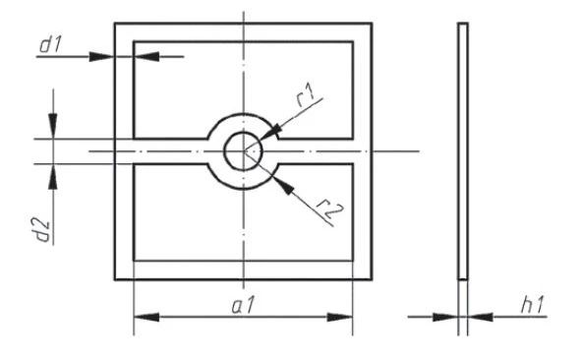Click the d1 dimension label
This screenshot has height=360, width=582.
(x=50, y=45)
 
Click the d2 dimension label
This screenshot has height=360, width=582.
(x=43, y=231)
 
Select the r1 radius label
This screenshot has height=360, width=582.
(x=306, y=95)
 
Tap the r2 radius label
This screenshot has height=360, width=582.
(x=330, y=209)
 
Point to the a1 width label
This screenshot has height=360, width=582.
(x=243, y=306)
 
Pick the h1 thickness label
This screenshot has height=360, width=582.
(x=532, y=305)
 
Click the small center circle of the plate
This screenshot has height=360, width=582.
(x=243, y=151)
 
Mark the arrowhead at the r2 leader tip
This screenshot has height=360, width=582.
(x=283, y=185)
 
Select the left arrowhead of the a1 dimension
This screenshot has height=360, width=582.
(x=146, y=318)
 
